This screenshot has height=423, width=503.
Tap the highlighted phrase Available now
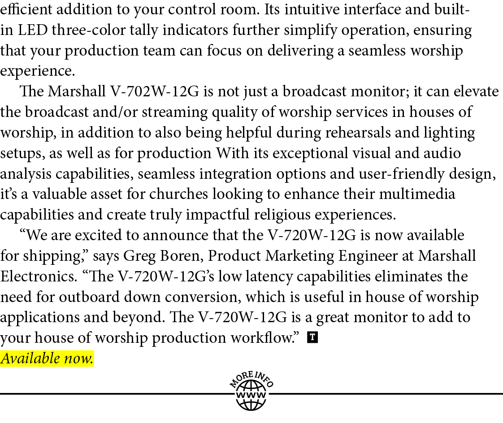pyautogui.click(x=47, y=358)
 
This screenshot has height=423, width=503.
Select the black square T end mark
pyautogui.click(x=312, y=337)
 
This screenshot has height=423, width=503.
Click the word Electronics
pyautogui.click(x=37, y=276)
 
